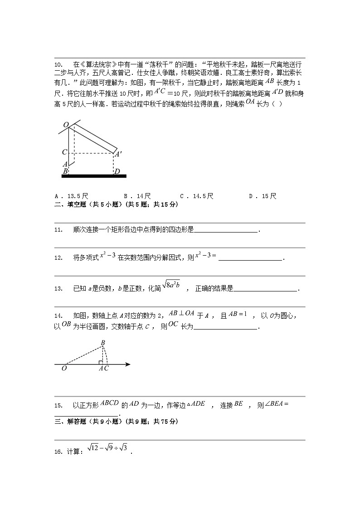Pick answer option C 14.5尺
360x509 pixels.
pyautogui.click(x=196, y=196)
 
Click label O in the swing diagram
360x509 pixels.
pyautogui.click(x=66, y=125)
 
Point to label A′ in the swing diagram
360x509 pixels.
pyautogui.click(x=118, y=155)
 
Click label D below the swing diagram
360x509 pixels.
pyautogui.click(x=117, y=171)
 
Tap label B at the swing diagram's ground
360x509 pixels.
pyautogui.click(x=65, y=171)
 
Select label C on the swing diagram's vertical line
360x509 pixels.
pyautogui.click(x=65, y=153)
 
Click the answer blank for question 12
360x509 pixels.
pyautogui.click(x=250, y=258)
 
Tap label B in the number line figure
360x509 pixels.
pyautogui.click(x=103, y=343)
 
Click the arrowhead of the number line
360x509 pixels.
pyautogui.click(x=128, y=364)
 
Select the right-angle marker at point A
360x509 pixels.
pyautogui.click(x=100, y=362)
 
